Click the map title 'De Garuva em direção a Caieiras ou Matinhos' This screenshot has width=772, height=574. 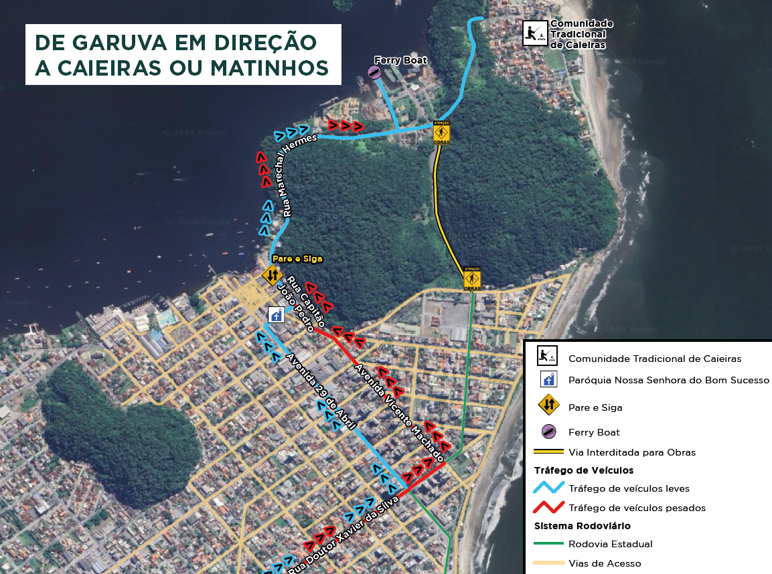click(x=182, y=54)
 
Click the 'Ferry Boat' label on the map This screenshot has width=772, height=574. click(x=400, y=60)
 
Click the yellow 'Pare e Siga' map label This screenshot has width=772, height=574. click(x=297, y=258)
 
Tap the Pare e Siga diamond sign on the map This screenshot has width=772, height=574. click(x=272, y=274)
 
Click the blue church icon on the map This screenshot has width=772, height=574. click(x=276, y=314)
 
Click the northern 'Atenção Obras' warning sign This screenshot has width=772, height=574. click(x=441, y=132)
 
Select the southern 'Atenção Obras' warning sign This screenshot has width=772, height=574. click(x=472, y=278)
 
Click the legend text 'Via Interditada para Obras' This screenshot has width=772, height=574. click(x=631, y=452)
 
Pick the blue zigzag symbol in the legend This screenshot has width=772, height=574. click(x=548, y=488)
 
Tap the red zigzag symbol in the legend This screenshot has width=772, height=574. click(x=548, y=508)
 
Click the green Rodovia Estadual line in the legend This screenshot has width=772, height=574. click(x=548, y=544)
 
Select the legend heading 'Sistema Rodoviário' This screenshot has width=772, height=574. click(x=582, y=526)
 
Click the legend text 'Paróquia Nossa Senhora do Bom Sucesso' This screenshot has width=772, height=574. click(x=668, y=380)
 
